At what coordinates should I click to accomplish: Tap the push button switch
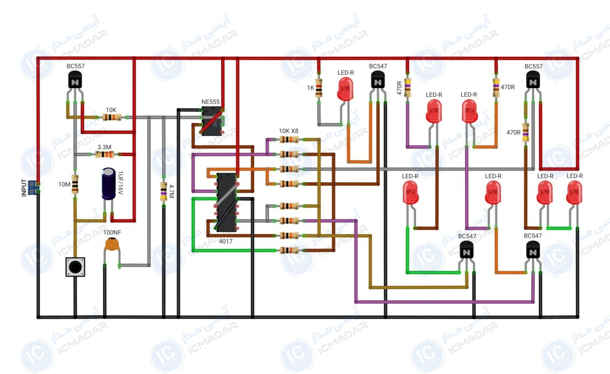click(75, 267)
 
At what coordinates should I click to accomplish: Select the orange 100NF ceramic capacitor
click(112, 244)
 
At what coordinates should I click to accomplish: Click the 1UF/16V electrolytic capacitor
click(109, 184)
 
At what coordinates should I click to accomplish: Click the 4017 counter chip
click(226, 202)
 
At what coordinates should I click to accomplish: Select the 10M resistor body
click(75, 184)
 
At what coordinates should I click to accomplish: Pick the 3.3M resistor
click(105, 154)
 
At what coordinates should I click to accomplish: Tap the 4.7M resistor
click(163, 191)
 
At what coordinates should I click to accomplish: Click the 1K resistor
click(319, 88)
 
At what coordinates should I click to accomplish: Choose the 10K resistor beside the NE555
click(112, 117)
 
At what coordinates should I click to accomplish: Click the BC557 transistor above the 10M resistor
click(75, 80)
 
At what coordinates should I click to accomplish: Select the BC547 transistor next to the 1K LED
click(378, 80)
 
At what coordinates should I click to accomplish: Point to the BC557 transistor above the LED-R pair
click(533, 80)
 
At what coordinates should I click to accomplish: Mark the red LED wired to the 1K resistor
click(346, 89)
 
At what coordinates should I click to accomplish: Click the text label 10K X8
click(288, 131)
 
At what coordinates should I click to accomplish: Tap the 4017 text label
click(226, 241)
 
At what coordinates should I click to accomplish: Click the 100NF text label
click(112, 232)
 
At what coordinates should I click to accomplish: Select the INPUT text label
click(24, 188)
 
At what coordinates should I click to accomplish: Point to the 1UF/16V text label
click(121, 183)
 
